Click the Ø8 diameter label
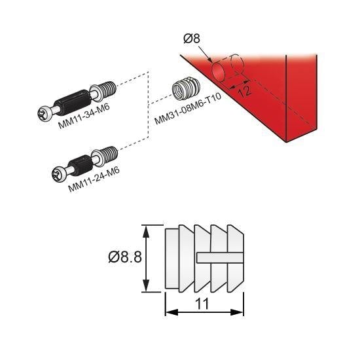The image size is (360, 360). point(192,39)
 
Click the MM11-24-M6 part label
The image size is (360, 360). point(94,180)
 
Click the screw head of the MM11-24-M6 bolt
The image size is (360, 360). point(58,173)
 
